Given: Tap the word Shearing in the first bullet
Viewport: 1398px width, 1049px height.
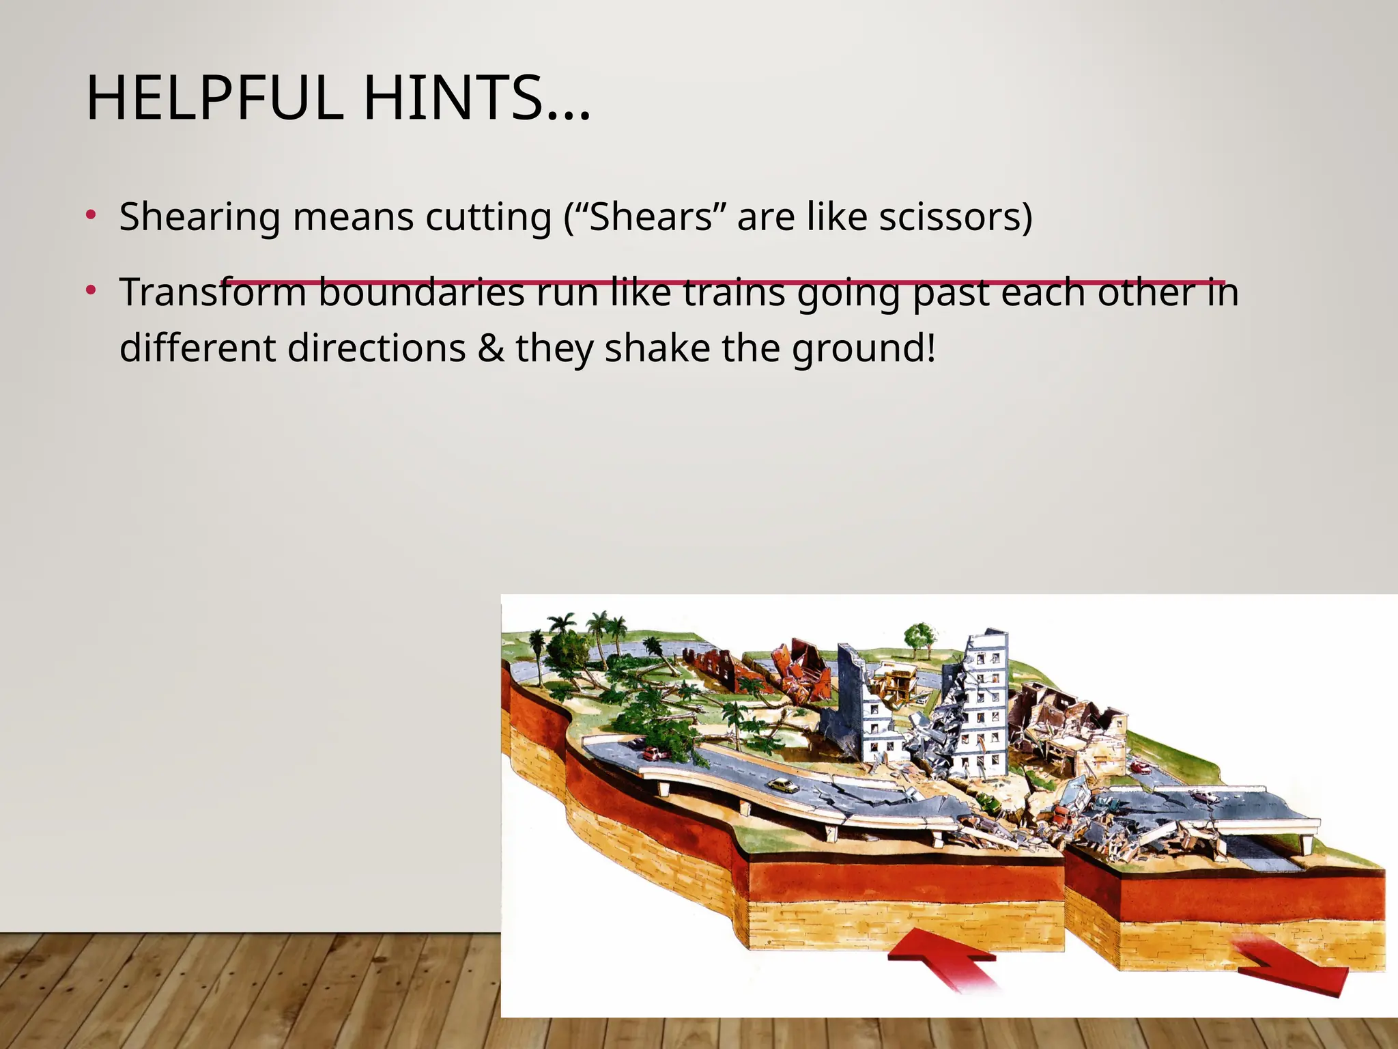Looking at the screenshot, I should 199,217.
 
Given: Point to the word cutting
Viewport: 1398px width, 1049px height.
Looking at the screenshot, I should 488,217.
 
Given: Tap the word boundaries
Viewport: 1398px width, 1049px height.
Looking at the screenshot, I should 421,292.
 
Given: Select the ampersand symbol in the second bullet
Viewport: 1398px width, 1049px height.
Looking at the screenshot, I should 491,348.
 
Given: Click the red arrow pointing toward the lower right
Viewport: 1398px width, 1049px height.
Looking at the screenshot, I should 1290,970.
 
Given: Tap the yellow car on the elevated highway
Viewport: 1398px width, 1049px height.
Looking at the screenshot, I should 783,785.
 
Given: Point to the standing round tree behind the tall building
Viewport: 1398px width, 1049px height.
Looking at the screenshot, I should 920,637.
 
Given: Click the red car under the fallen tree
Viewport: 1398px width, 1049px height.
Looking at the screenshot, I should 653,753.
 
